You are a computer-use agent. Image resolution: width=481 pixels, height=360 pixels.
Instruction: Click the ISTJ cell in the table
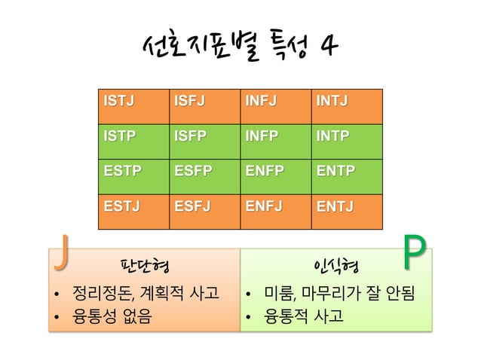(x=133, y=106)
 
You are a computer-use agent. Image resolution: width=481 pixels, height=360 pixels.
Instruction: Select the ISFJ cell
(x=202, y=106)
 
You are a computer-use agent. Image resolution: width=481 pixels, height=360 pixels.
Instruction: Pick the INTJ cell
(x=347, y=106)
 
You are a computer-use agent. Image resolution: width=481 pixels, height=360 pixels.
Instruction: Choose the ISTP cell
(x=133, y=141)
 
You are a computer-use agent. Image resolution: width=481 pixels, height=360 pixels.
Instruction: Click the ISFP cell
(x=202, y=141)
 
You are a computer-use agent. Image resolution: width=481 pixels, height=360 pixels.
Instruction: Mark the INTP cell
(x=347, y=141)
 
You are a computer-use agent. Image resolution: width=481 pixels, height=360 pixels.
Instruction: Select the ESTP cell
(x=133, y=175)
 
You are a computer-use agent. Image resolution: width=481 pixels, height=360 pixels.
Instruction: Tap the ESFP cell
(x=202, y=175)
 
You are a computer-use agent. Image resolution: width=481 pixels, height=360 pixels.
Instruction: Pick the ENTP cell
(x=347, y=175)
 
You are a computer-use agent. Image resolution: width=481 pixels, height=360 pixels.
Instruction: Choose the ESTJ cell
(x=133, y=210)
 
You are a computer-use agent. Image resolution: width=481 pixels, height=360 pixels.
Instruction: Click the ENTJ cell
(x=347, y=210)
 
